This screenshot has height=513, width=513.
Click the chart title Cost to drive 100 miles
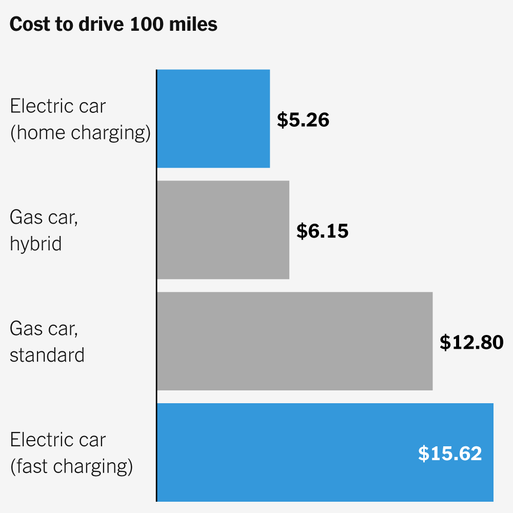point(113,25)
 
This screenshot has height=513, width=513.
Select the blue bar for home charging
point(213,119)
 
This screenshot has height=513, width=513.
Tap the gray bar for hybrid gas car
point(223,230)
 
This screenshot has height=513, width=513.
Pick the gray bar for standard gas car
point(294,341)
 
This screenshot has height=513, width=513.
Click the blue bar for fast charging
point(287,452)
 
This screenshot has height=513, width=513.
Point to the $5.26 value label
point(303,120)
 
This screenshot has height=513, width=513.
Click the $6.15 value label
point(322,231)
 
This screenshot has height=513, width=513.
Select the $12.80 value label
point(471,343)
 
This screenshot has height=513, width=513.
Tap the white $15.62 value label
point(450,454)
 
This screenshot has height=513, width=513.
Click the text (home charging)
point(81,133)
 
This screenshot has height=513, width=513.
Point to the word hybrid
point(35,244)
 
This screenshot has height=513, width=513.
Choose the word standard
point(47,355)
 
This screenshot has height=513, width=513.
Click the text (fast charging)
point(71,467)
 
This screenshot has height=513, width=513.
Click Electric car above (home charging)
point(57,106)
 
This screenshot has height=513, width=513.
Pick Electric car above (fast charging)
point(57,440)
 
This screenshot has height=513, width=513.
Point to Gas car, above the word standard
point(44,328)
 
